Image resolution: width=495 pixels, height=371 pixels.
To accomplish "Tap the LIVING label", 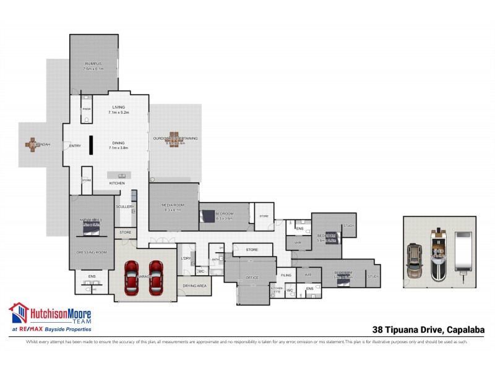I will (x=118, y=108).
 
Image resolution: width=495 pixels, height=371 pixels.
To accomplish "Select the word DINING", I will (x=118, y=143).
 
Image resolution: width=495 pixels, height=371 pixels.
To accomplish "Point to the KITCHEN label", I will (x=117, y=183).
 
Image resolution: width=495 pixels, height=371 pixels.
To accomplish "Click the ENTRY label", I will (x=75, y=146).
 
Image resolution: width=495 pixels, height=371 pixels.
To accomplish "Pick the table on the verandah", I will (x=33, y=145).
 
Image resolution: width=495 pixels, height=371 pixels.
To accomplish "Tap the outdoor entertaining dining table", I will (x=175, y=139).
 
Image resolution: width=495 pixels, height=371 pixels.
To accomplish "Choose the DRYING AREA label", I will (x=194, y=286).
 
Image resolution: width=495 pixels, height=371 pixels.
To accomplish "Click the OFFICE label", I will (x=252, y=278).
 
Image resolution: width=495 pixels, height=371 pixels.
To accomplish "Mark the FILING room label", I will (x=285, y=275).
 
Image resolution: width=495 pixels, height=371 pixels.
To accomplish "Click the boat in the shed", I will (x=438, y=253).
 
